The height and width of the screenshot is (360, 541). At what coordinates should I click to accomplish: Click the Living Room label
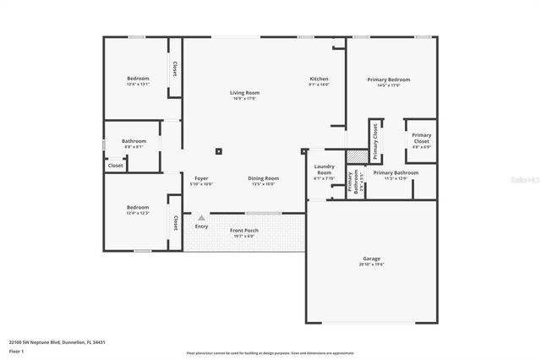tap(244, 92)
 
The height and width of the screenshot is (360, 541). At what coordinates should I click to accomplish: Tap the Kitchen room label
tap(319, 79)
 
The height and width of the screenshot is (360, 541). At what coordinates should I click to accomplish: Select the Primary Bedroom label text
tap(388, 79)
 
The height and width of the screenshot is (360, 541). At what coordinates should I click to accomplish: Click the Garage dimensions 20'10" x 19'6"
tap(371, 265)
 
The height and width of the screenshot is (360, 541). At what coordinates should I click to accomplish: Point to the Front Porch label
tap(244, 230)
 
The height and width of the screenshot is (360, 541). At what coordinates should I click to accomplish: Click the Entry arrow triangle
tap(201, 218)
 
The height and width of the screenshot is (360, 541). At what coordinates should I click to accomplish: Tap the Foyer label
tap(201, 177)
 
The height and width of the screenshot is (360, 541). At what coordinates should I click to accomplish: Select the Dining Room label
tap(263, 177)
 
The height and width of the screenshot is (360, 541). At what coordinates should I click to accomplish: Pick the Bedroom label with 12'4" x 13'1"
tap(138, 79)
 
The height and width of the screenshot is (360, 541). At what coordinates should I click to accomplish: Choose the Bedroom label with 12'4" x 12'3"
tap(138, 207)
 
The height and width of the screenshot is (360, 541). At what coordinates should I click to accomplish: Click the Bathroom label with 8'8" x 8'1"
tap(134, 141)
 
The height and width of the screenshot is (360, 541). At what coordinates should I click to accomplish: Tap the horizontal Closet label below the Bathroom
tap(115, 166)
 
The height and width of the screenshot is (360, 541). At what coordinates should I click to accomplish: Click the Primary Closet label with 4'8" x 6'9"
tap(421, 138)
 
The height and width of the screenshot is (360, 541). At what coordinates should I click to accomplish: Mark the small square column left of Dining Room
tap(218, 151)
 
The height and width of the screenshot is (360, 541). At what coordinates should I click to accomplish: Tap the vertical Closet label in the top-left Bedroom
tap(174, 69)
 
